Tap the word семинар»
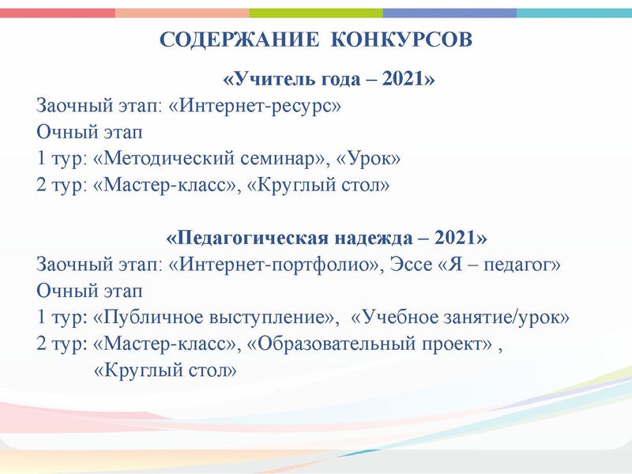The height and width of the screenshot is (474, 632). [278, 159]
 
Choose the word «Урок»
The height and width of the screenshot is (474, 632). [368, 159]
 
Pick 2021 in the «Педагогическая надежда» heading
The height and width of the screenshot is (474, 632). [456, 238]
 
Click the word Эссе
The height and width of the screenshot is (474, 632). [406, 265]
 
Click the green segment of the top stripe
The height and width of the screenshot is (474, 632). [316, 13]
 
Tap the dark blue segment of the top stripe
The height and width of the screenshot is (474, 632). [450, 13]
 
